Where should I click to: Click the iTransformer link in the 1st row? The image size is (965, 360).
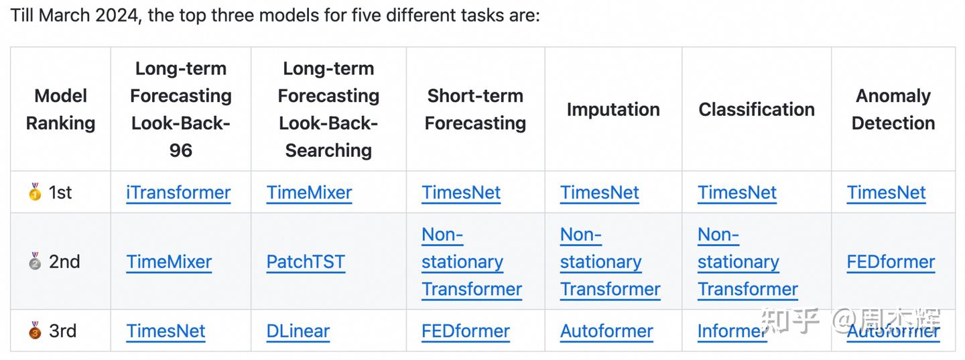pyautogui.click(x=178, y=193)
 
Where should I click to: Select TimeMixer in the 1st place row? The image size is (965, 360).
pyautogui.click(x=309, y=193)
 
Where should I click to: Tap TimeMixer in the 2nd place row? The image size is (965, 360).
pyautogui.click(x=169, y=262)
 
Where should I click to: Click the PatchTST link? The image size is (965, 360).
pyautogui.click(x=306, y=262)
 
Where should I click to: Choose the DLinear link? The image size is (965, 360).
pyautogui.click(x=298, y=331)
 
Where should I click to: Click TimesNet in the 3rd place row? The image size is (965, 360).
pyautogui.click(x=166, y=331)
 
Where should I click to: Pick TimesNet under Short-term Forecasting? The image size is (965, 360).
pyautogui.click(x=461, y=193)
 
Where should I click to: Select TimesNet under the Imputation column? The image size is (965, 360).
pyautogui.click(x=600, y=193)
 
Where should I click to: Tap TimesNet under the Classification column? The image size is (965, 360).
pyautogui.click(x=737, y=193)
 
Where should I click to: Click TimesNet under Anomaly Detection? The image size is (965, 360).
pyautogui.click(x=886, y=193)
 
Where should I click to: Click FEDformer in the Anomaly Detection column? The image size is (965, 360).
pyautogui.click(x=891, y=262)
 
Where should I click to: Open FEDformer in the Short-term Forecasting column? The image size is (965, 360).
pyautogui.click(x=466, y=331)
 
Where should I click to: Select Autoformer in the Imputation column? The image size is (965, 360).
pyautogui.click(x=606, y=331)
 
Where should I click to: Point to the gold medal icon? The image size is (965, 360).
pyautogui.click(x=35, y=192)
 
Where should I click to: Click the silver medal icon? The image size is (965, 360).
pyautogui.click(x=35, y=261)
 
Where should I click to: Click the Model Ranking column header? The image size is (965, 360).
pyautogui.click(x=60, y=109)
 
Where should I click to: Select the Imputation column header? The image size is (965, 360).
pyautogui.click(x=613, y=110)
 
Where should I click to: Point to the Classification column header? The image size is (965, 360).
pyautogui.click(x=757, y=110)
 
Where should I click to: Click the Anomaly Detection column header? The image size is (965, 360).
pyautogui.click(x=893, y=109)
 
